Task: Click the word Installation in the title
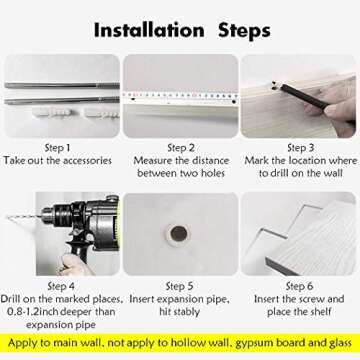point(149,30)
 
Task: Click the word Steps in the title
point(244,32)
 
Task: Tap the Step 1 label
point(58,148)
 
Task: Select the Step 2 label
point(180,148)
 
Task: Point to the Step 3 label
point(301,148)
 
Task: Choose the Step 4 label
point(61,286)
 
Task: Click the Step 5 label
point(180,286)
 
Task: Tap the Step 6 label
point(299,286)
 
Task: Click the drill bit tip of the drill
point(8,217)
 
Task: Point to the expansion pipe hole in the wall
point(179,234)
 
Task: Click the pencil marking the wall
point(302,95)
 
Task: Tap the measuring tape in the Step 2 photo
point(180,96)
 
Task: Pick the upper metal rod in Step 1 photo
point(62,86)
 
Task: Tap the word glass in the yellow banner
point(338,344)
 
